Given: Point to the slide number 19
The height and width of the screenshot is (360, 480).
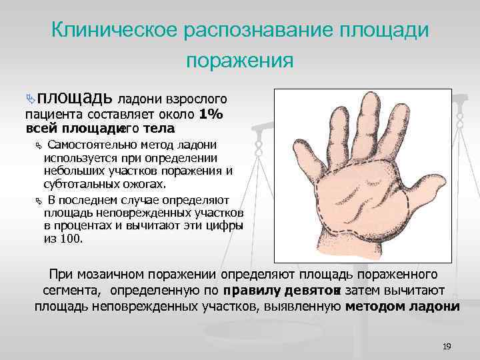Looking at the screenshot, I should coord(447,346).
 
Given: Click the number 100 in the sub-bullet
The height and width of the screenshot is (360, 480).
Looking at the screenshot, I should coord(73,239).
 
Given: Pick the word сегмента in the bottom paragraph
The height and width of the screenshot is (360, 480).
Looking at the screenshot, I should coord(71,290).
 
